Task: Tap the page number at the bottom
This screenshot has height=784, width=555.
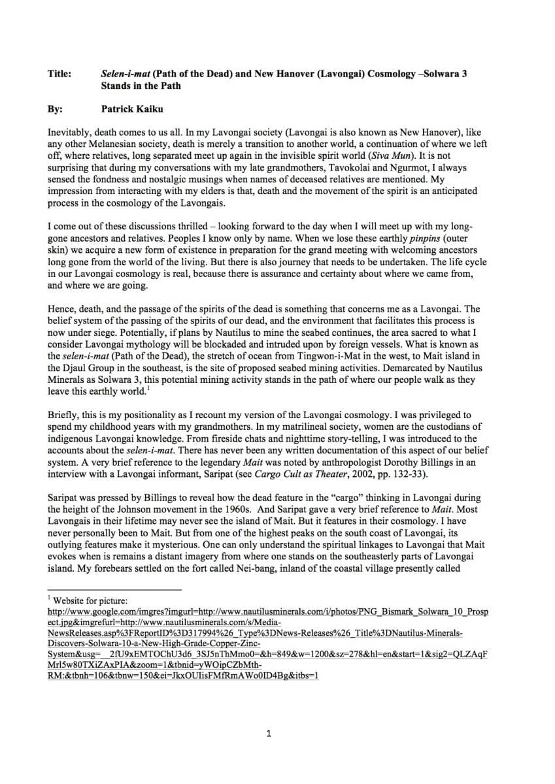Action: [x=269, y=734]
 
